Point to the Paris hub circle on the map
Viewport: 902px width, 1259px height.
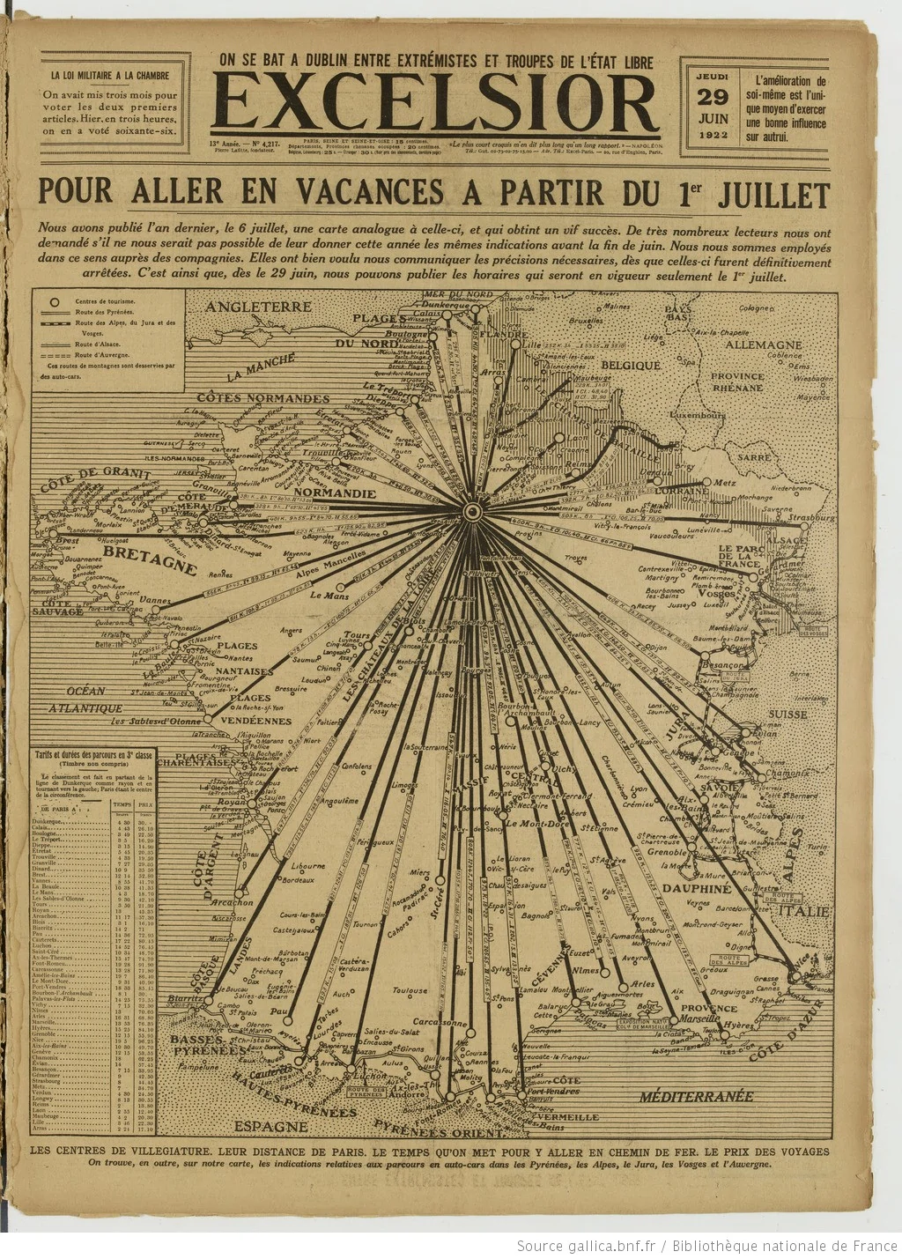click(472, 511)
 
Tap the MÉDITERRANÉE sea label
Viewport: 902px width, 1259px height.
click(697, 1096)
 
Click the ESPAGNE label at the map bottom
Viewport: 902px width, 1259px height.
click(271, 1126)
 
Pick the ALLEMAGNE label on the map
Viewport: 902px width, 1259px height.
click(763, 344)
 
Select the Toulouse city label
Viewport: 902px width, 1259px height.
click(410, 990)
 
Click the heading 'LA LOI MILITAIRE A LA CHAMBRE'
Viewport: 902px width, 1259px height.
click(114, 76)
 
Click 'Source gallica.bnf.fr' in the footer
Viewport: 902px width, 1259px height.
click(587, 1245)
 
